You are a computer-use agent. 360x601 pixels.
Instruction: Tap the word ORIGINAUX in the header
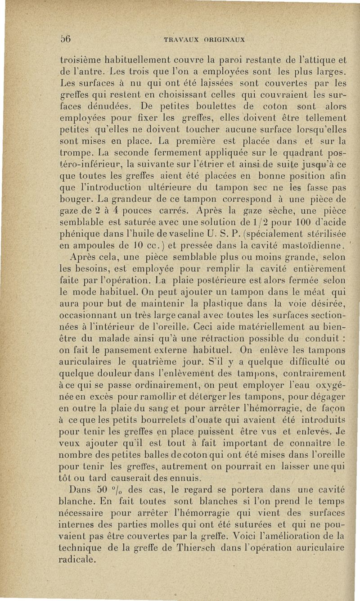point(222,39)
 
